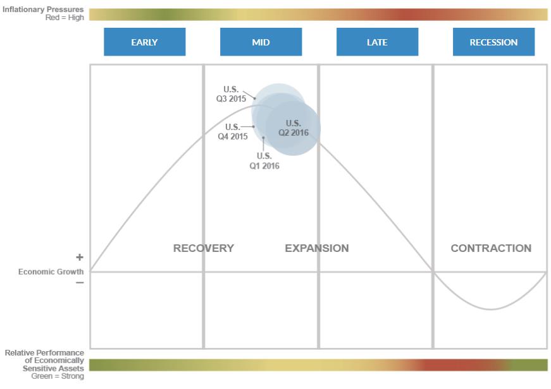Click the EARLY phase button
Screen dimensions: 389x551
pyautogui.click(x=144, y=42)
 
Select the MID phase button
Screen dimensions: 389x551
pyautogui.click(x=261, y=42)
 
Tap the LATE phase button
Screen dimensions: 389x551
pyautogui.click(x=377, y=42)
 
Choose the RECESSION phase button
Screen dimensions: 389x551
pyautogui.click(x=493, y=42)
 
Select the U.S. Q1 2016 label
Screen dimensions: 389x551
pyautogui.click(x=264, y=161)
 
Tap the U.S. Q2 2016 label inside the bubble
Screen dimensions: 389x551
pyautogui.click(x=293, y=128)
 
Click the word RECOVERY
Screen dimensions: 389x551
pyautogui.click(x=203, y=248)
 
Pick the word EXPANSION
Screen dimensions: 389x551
pyautogui.click(x=316, y=248)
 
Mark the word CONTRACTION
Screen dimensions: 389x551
pyautogui.click(x=491, y=248)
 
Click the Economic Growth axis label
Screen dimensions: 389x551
pyautogui.click(x=51, y=272)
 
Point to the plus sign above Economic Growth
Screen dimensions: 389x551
pyautogui.click(x=80, y=258)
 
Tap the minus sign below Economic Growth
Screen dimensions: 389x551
pyautogui.click(x=80, y=283)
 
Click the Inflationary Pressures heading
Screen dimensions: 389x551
pyautogui.click(x=43, y=9)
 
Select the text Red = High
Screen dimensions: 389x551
pyautogui.click(x=65, y=18)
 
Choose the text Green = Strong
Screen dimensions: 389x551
pyautogui.click(x=58, y=376)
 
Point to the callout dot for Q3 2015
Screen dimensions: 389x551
pyautogui.click(x=254, y=99)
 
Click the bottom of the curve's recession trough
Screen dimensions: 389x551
pyautogui.click(x=491, y=309)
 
